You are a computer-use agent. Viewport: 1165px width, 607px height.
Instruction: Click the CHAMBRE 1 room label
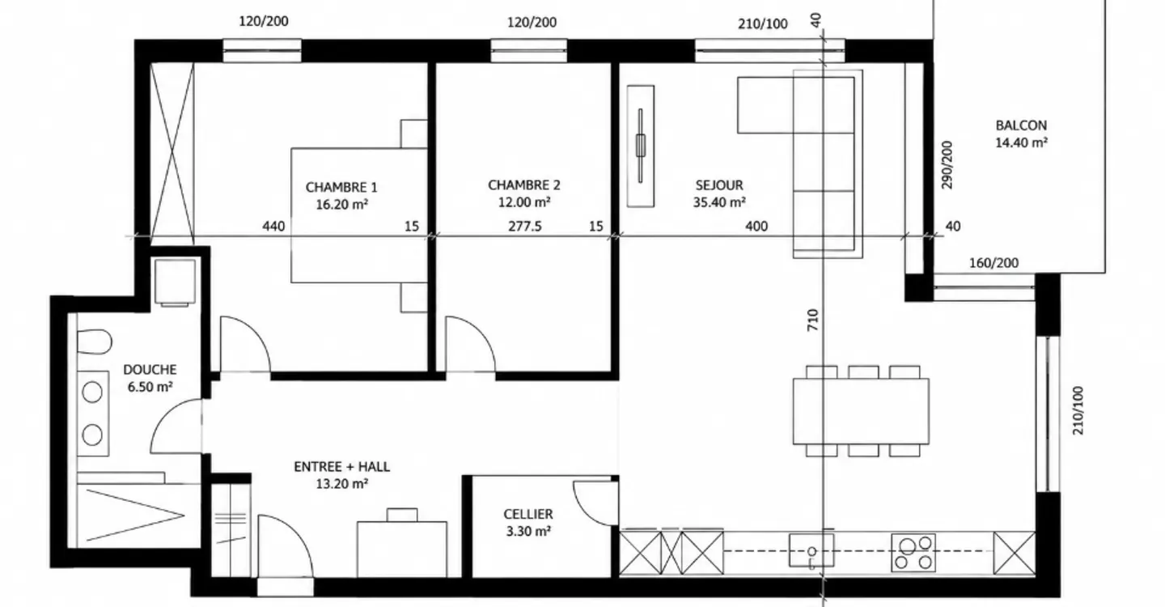coord(341,187)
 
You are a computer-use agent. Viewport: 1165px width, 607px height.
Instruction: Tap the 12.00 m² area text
coord(524,202)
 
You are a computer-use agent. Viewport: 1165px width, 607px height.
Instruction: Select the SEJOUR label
coord(719,185)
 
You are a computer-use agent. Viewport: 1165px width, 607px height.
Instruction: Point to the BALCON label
coord(1021,125)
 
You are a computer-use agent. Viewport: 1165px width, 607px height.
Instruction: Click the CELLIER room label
coord(527,514)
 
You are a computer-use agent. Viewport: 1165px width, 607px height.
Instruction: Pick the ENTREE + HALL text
coord(341,466)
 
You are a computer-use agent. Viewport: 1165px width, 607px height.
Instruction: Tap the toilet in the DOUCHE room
coord(95,342)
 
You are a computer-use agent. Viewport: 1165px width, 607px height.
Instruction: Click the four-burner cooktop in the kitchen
coord(913,553)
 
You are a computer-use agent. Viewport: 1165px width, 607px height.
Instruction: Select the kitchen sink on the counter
coord(811,550)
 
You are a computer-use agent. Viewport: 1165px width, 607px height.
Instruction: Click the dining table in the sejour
coord(862,411)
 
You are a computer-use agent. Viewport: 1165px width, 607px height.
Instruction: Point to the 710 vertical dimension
coord(813,320)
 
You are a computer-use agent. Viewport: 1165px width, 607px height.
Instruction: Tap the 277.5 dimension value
coord(525,227)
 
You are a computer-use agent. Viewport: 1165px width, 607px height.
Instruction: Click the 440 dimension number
coord(273,227)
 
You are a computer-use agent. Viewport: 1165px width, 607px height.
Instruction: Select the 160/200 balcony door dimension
coord(993,263)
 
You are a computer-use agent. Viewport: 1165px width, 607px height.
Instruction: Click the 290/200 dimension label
coord(947,165)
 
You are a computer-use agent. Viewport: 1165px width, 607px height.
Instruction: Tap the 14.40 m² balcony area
coord(1021,142)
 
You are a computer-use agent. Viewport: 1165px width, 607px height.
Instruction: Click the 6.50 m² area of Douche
coord(150,387)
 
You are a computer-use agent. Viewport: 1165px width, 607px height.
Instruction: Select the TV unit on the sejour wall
coord(641,146)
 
